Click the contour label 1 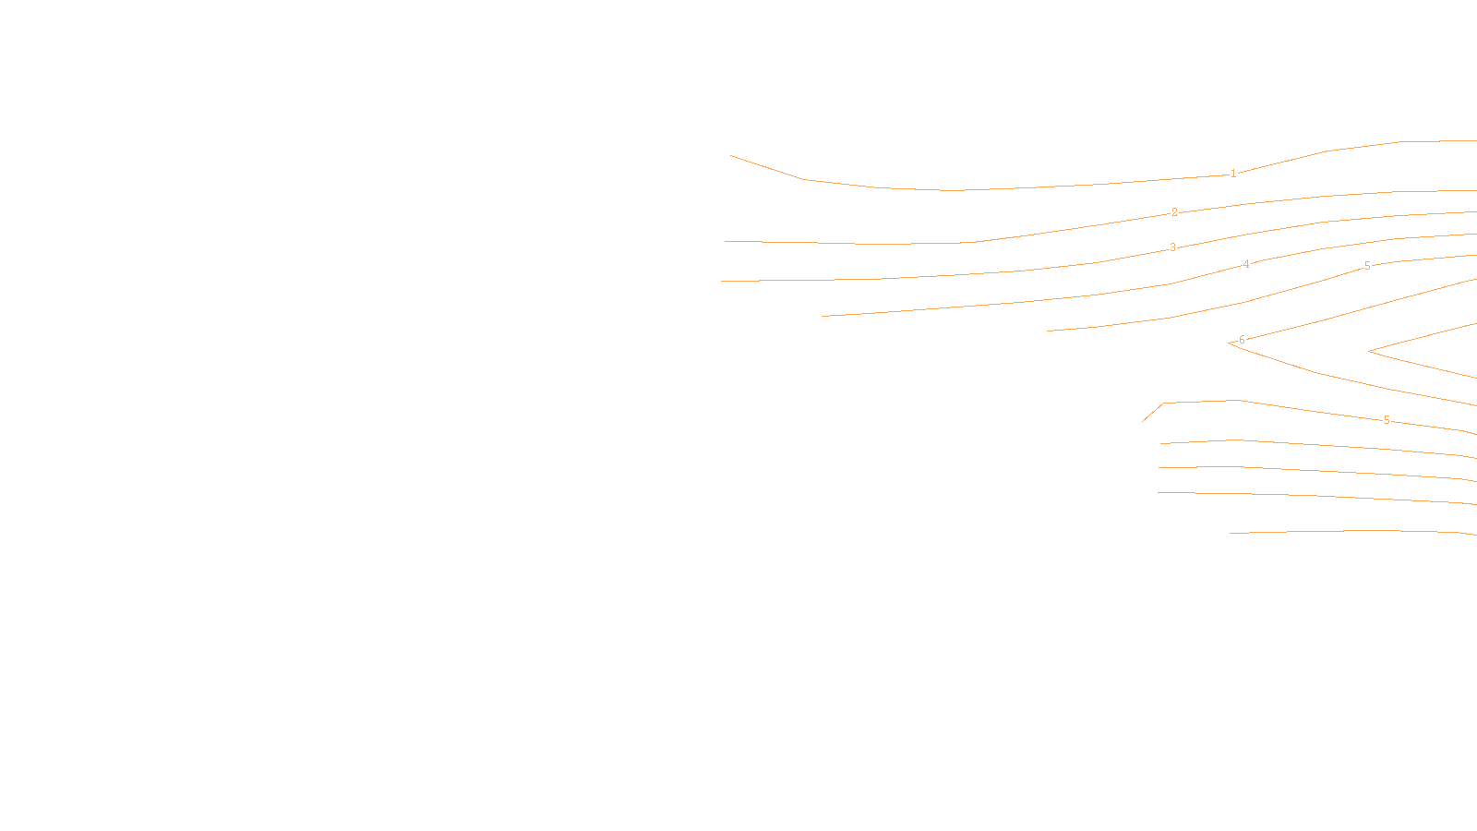point(1233,174)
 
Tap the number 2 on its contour point(1174,212)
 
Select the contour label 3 point(1173,247)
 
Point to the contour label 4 point(1246,264)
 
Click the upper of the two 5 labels point(1367,266)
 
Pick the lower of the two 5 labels point(1387,420)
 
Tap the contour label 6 point(1242,340)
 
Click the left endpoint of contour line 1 point(731,155)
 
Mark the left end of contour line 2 point(726,242)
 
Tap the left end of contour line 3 point(722,282)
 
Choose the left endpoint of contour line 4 point(822,317)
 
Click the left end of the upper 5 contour point(1047,331)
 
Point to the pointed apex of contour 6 point(1229,343)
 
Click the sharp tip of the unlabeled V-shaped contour point(1368,352)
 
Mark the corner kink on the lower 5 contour point(1163,403)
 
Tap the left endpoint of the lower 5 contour point(1143,422)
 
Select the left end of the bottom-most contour point(1230,533)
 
